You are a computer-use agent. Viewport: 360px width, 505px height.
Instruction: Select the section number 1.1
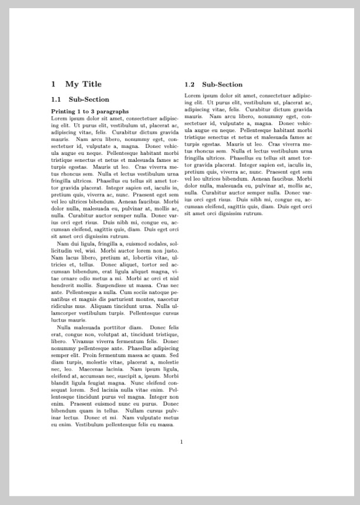[56, 99]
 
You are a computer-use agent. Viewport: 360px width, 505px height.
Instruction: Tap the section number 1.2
[190, 85]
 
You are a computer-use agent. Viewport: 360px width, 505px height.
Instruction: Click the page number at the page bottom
[182, 441]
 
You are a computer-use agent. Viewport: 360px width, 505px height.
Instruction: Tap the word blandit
[60, 383]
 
